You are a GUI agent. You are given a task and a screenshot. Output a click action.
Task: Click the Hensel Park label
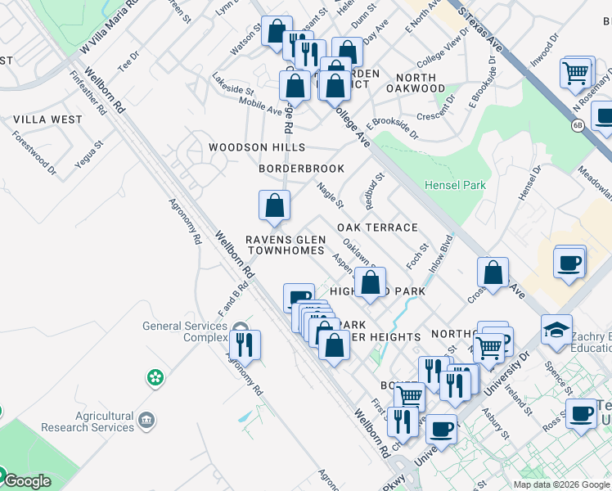point(455,185)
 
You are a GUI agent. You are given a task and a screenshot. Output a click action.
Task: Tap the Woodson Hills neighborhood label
point(256,147)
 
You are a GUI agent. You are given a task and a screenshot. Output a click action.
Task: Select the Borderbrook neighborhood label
point(301,169)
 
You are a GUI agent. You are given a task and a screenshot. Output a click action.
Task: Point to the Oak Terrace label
point(377,227)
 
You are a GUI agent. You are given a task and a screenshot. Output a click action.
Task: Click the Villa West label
point(47,119)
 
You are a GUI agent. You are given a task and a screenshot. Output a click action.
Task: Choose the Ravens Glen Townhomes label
point(286,245)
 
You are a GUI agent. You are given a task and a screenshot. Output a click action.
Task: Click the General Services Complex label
point(184,331)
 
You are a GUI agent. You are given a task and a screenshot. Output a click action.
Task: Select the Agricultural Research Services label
point(88,421)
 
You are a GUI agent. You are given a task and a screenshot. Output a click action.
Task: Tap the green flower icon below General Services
point(155,377)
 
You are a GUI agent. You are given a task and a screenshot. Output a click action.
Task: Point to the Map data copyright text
point(561,484)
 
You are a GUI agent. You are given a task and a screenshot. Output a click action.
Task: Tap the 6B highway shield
point(577,124)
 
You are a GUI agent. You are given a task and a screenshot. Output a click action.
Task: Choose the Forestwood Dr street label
point(34,152)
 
